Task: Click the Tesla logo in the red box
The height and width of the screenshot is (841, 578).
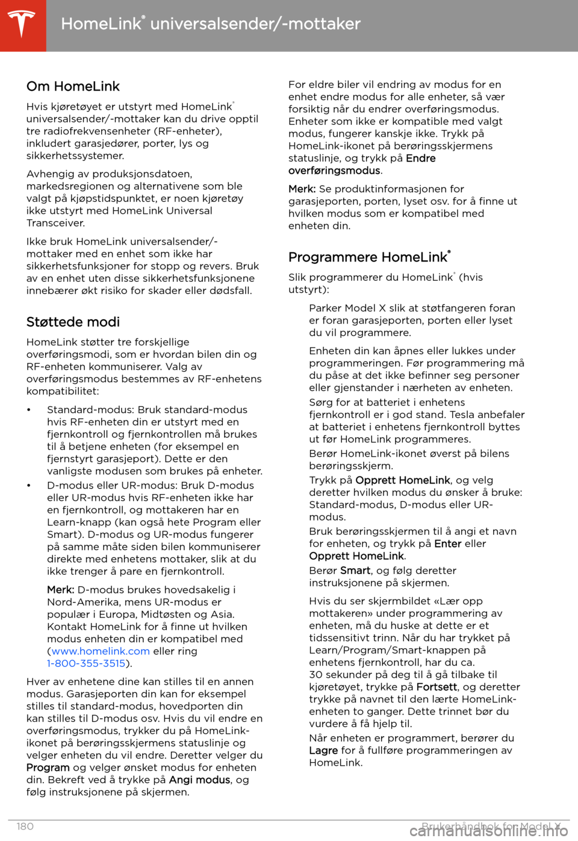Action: [x=22, y=25]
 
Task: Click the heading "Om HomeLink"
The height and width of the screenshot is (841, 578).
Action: [x=73, y=86]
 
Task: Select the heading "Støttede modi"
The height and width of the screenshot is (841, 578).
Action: [x=73, y=322]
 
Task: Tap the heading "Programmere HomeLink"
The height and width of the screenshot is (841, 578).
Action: [x=368, y=257]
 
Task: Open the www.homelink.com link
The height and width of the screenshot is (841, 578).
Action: [x=101, y=651]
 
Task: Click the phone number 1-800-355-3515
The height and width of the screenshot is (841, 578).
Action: [x=86, y=663]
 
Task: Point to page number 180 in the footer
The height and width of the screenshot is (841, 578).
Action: [x=25, y=827]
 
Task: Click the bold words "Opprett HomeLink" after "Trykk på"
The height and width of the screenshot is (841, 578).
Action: [x=403, y=480]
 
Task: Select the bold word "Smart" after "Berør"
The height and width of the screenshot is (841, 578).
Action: [x=355, y=571]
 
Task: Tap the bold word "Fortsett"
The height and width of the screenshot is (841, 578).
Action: [x=437, y=687]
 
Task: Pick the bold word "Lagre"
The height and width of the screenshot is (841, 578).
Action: [x=323, y=751]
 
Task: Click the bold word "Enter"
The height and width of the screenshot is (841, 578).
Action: [x=448, y=543]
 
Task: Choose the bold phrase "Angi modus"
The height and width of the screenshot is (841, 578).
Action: [x=199, y=780]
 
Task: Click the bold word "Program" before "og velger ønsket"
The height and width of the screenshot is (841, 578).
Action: [x=48, y=768]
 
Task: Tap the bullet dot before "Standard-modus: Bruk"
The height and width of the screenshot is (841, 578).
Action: [x=28, y=410]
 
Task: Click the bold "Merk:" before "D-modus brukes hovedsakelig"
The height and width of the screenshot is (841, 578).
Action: [x=61, y=590]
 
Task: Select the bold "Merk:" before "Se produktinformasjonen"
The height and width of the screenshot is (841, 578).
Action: [x=302, y=189]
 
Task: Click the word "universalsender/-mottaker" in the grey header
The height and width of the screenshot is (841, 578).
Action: [x=255, y=24]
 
